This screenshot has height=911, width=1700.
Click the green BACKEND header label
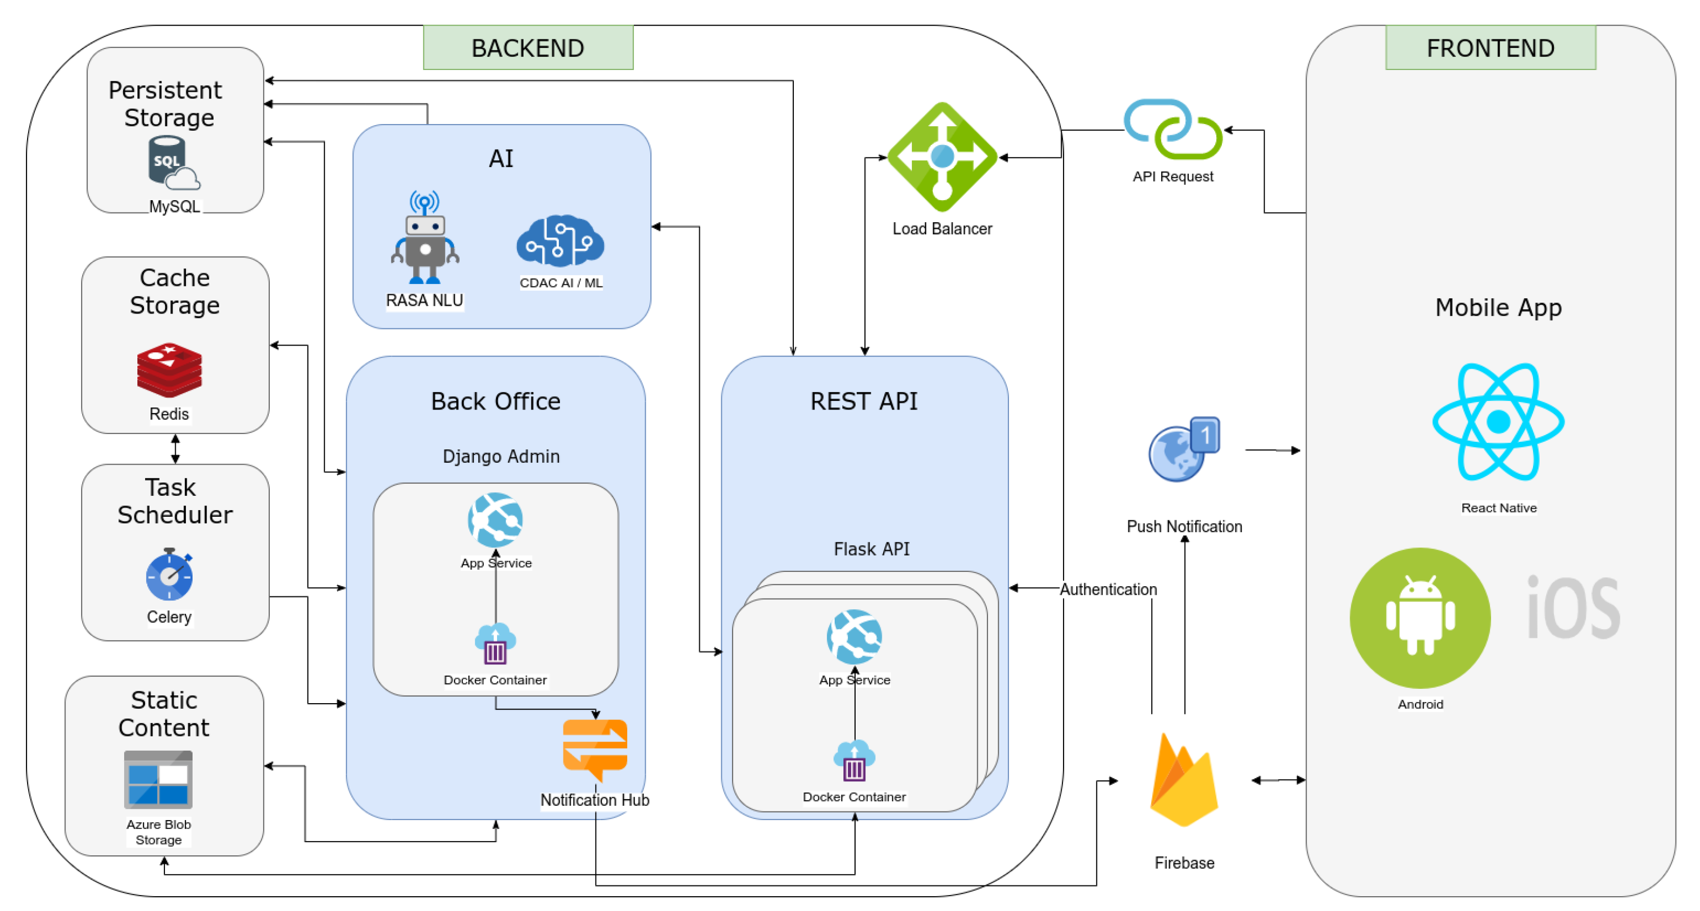[x=528, y=47]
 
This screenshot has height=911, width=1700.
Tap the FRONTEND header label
[x=1490, y=47]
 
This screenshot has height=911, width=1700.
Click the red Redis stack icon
[x=169, y=369]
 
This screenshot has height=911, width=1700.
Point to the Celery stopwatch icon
[x=170, y=574]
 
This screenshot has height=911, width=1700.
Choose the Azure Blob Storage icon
[x=158, y=780]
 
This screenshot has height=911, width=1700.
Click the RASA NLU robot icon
[x=424, y=239]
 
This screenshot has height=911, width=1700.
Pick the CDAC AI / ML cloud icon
[x=560, y=241]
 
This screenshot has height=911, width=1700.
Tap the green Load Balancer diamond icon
[x=942, y=157]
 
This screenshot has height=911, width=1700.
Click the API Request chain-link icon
[x=1173, y=129]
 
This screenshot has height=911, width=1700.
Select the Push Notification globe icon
[x=1183, y=449]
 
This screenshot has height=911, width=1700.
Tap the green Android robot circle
[x=1420, y=618]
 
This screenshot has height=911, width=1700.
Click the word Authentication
[x=1108, y=589]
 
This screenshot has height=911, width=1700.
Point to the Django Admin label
[x=501, y=457]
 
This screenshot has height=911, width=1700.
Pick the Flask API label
[x=871, y=549]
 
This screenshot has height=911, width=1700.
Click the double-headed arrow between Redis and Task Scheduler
[x=175, y=448]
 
